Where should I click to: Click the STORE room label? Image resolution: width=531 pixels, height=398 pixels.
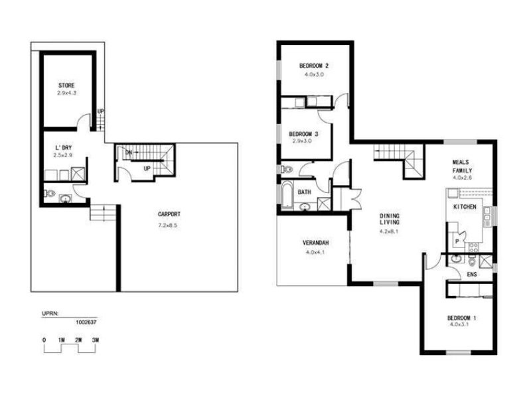66,86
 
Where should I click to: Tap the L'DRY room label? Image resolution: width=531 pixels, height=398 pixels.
63,148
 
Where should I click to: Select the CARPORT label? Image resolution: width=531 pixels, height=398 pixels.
169,214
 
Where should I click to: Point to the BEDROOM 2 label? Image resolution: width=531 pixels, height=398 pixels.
314,66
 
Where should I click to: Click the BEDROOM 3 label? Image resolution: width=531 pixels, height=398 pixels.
305,134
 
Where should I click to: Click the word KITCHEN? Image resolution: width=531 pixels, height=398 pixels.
465,208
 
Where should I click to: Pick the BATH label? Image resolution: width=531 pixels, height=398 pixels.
305,192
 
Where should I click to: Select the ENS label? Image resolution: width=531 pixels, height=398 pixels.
472,273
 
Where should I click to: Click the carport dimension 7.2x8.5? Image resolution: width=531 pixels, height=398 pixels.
169,226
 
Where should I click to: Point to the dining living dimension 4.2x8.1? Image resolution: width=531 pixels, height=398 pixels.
389,232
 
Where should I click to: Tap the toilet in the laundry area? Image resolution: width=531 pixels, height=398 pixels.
48,194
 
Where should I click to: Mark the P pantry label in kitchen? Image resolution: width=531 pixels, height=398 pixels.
457,241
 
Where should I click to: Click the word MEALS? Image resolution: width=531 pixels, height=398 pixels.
462,162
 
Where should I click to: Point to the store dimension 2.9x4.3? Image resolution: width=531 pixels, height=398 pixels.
66,94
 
